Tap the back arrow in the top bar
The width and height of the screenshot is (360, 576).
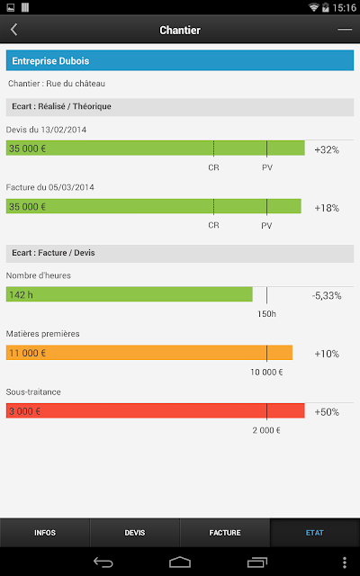(14, 30)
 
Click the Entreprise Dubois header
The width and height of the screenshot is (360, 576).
(180, 60)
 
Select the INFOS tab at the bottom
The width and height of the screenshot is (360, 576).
(45, 533)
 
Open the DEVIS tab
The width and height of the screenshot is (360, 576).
(135, 533)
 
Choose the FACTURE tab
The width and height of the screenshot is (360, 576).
(225, 533)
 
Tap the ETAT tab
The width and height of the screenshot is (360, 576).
(315, 533)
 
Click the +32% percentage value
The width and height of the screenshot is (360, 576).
(327, 150)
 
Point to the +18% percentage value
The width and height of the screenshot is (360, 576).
(327, 208)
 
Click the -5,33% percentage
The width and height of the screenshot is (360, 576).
(327, 295)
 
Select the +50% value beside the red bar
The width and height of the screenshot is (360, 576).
(327, 412)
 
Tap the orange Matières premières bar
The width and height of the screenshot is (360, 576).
(149, 353)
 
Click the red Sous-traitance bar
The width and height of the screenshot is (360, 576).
(156, 410)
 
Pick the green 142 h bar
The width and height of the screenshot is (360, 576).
(130, 294)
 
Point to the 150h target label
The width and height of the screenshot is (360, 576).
(266, 314)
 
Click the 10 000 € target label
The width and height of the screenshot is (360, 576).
(266, 372)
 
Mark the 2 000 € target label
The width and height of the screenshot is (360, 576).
(266, 430)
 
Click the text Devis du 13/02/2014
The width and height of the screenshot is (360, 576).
(46, 130)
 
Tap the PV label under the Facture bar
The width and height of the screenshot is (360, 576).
(266, 225)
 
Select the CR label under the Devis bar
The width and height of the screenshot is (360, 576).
(213, 167)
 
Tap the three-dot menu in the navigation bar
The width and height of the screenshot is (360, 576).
(344, 562)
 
